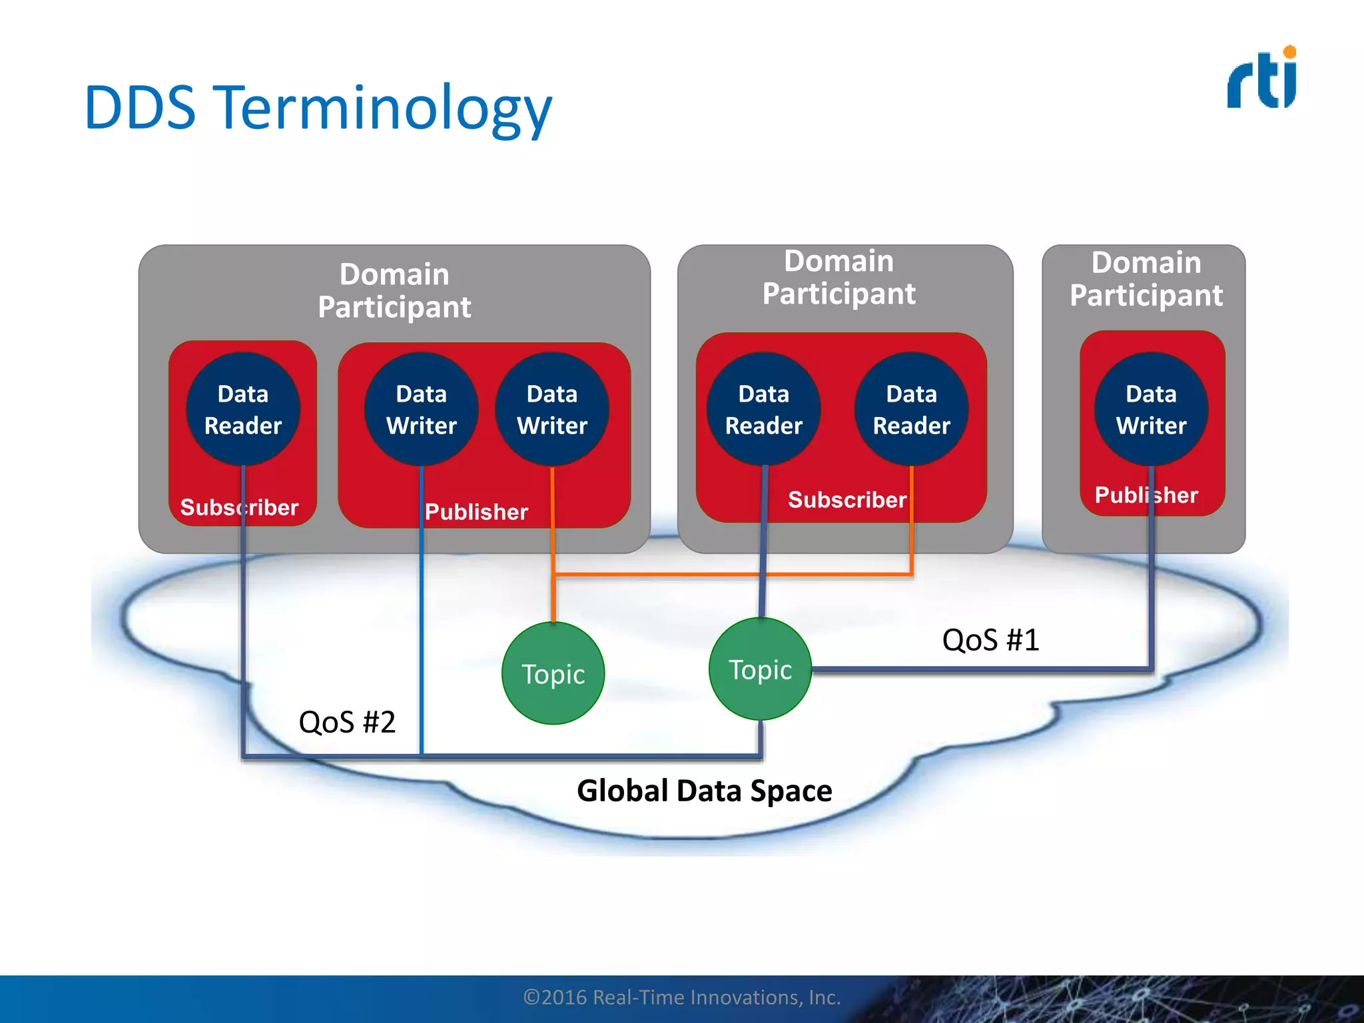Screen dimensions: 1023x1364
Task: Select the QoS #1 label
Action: [990, 640]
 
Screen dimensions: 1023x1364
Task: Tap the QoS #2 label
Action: [347, 722]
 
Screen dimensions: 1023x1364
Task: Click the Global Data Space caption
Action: [704, 791]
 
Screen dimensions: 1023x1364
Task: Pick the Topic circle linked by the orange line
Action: [553, 673]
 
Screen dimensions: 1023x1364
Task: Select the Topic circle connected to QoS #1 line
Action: [760, 669]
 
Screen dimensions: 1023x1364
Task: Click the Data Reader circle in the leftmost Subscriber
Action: [243, 409]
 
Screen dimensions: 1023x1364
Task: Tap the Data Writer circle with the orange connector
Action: [552, 409]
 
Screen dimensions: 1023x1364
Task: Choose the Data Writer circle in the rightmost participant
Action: [1151, 409]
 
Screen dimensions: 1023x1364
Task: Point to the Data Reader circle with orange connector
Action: [911, 409]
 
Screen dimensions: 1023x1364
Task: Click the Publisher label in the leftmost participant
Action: [476, 511]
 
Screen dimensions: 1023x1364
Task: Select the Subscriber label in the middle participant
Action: [847, 500]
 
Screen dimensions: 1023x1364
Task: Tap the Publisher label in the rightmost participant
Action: [1146, 495]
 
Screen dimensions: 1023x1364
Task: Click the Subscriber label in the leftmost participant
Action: [239, 508]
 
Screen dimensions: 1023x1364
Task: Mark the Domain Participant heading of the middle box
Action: [839, 277]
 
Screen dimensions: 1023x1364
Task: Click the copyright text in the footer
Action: [682, 997]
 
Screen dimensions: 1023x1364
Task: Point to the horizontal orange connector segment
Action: [733, 573]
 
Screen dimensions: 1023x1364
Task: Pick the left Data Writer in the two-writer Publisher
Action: [421, 409]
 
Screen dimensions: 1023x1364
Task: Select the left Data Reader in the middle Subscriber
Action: [763, 409]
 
